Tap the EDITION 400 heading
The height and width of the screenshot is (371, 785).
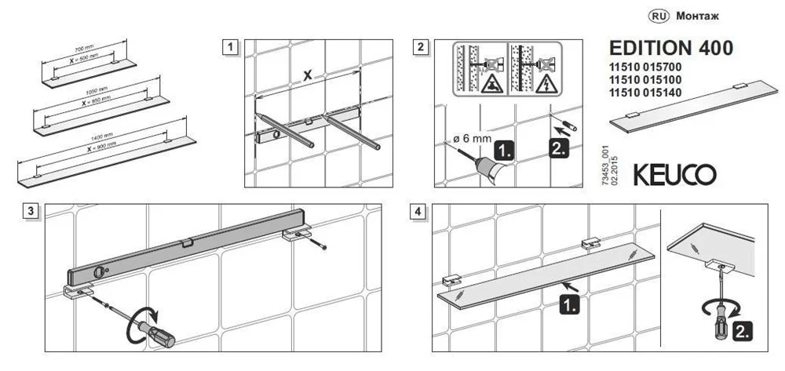point(671,48)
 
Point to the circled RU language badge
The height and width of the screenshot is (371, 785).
point(657,15)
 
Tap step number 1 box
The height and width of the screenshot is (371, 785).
point(229,46)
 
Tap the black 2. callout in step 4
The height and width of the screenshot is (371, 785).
point(739,332)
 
